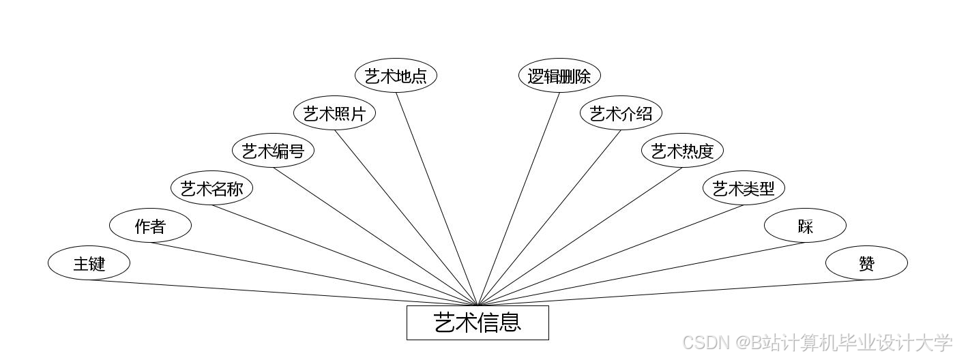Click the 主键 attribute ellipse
click(89, 263)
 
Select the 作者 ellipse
click(150, 226)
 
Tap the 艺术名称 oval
click(211, 188)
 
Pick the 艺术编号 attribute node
click(273, 151)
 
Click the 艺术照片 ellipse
click(334, 113)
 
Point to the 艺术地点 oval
click(396, 76)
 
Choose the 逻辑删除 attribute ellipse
click(559, 76)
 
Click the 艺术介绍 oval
click(621, 113)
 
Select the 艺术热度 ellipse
click(682, 151)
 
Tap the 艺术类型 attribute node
click(744, 188)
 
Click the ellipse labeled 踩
click(805, 226)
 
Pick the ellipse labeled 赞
click(866, 263)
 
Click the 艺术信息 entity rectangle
click(477, 322)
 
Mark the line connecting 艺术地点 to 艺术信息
click(437, 198)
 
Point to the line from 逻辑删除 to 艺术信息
click(518, 198)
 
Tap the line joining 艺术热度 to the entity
click(580, 237)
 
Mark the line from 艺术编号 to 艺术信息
click(375, 237)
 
